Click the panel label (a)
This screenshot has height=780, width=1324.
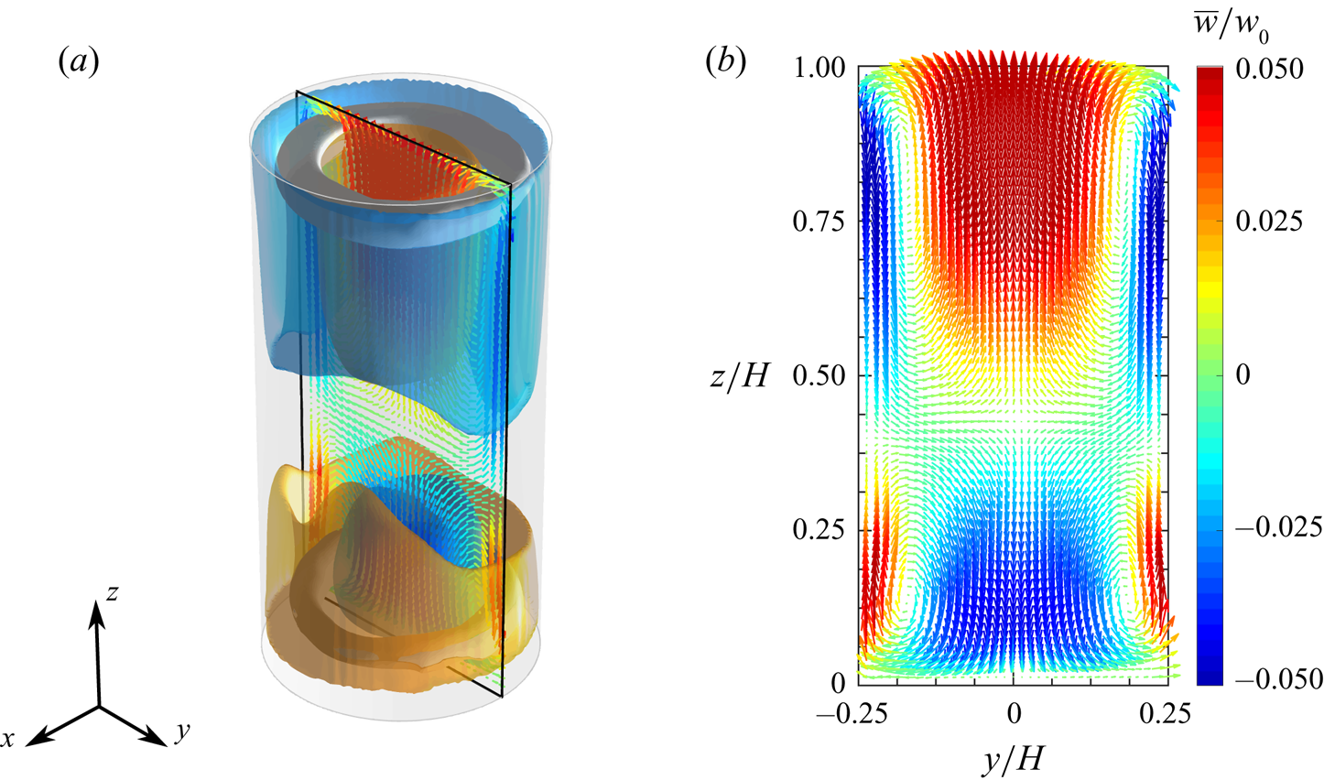click(79, 62)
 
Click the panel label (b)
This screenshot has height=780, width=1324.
click(726, 61)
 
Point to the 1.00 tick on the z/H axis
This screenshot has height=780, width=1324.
click(819, 68)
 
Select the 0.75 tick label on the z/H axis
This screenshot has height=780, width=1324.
click(819, 222)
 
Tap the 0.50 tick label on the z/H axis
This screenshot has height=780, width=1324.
click(819, 375)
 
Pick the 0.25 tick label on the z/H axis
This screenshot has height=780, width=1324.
click(819, 529)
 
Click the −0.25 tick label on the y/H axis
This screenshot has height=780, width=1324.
click(852, 714)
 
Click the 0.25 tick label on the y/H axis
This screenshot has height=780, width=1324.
click(1165, 714)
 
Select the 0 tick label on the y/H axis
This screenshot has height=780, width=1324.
click(1015, 714)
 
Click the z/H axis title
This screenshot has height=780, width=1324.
click(740, 375)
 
